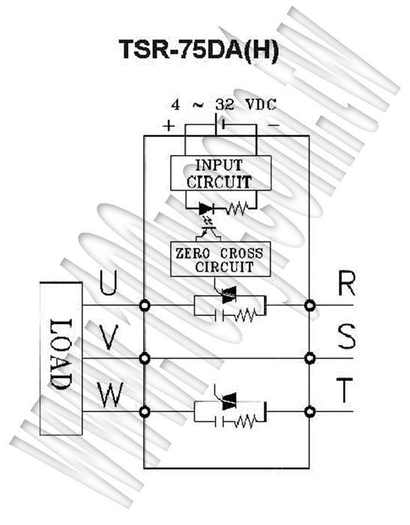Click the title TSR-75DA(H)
pos(199,50)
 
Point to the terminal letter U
pos(108,283)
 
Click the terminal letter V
pos(109,337)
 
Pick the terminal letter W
pos(110,394)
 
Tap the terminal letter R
pos(346,283)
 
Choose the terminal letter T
pos(344,390)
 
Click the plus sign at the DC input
pos(169,125)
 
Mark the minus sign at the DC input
pos(274,125)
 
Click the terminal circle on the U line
pos(144,305)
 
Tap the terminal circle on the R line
pos(310,305)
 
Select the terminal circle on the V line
pos(144,358)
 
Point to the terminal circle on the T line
pos(310,412)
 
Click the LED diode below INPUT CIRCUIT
pos(206,209)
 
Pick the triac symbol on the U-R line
pos(229,297)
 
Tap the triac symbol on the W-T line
pos(229,401)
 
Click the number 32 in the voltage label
pos(225,105)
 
